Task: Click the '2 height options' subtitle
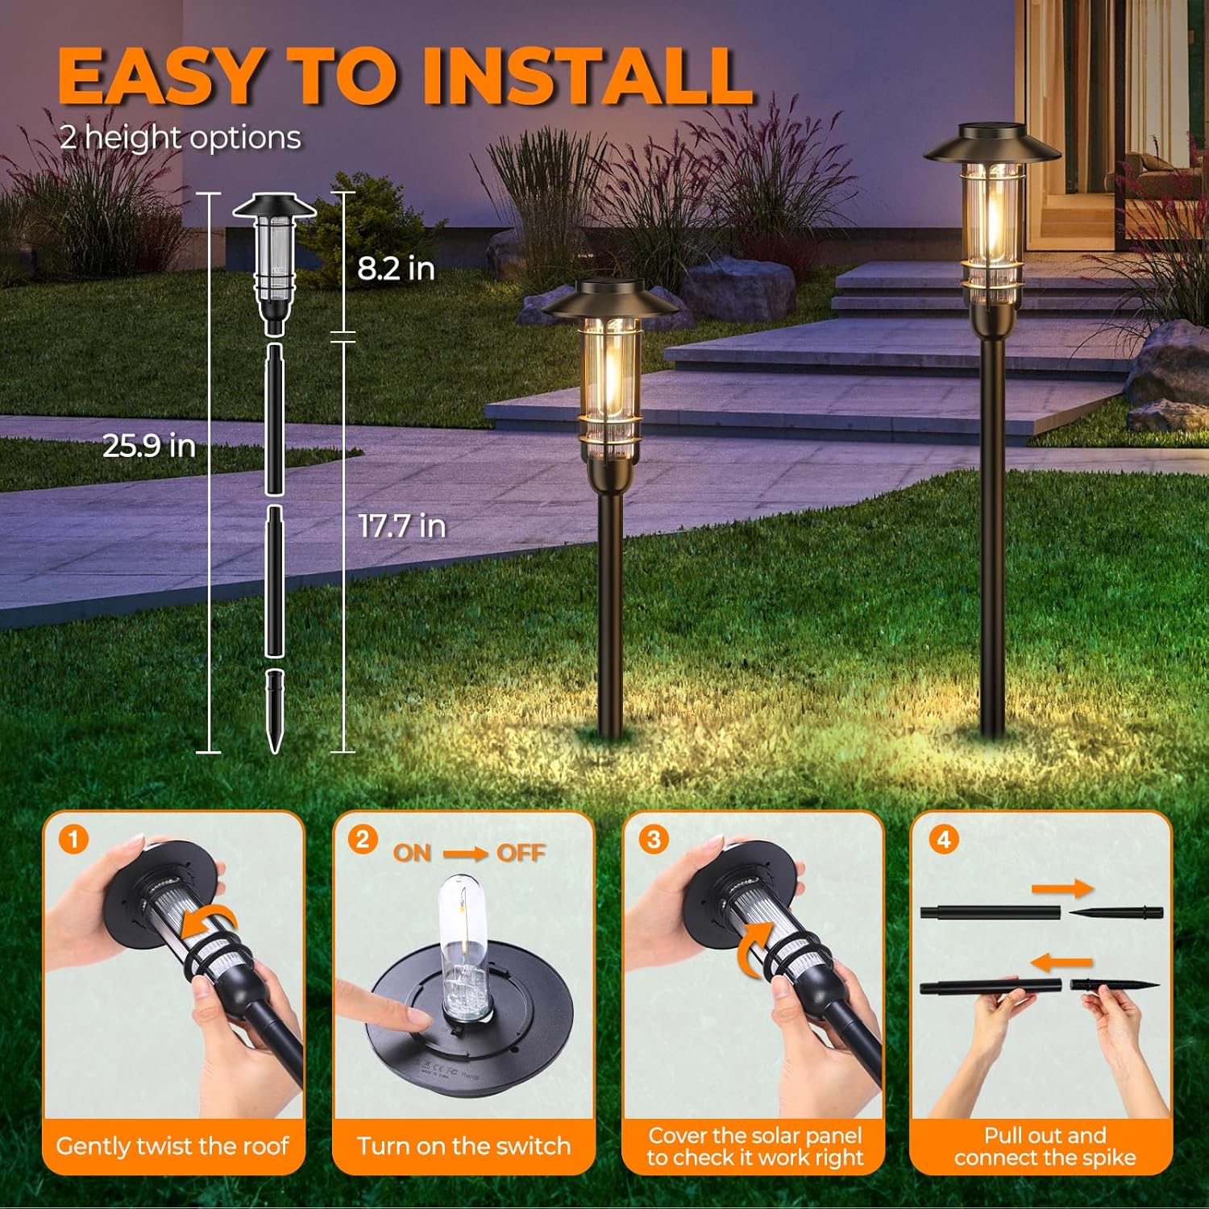tap(181, 138)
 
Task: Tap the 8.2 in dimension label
tap(396, 268)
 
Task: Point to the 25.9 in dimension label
tap(149, 445)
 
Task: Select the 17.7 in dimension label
tap(402, 526)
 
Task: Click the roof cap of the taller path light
tap(992, 145)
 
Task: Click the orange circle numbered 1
tap(73, 841)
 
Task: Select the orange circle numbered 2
tap(363, 840)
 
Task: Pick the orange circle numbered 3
tap(653, 840)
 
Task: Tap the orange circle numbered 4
tap(943, 840)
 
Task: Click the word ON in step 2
tap(412, 853)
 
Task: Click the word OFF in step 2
tap(521, 853)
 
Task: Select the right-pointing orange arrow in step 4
tap(1062, 889)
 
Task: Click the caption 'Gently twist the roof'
tap(172, 1145)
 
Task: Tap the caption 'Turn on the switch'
tap(463, 1145)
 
